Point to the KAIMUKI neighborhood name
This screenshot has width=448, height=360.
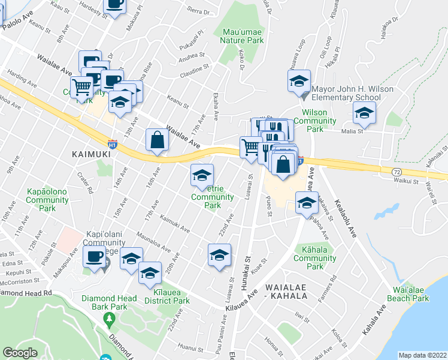(x=91, y=154)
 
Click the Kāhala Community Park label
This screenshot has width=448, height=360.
(x=315, y=262)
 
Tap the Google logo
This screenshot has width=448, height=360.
(x=20, y=353)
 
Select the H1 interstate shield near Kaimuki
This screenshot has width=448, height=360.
(x=112, y=144)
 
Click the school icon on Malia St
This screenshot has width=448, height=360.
(x=364, y=112)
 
